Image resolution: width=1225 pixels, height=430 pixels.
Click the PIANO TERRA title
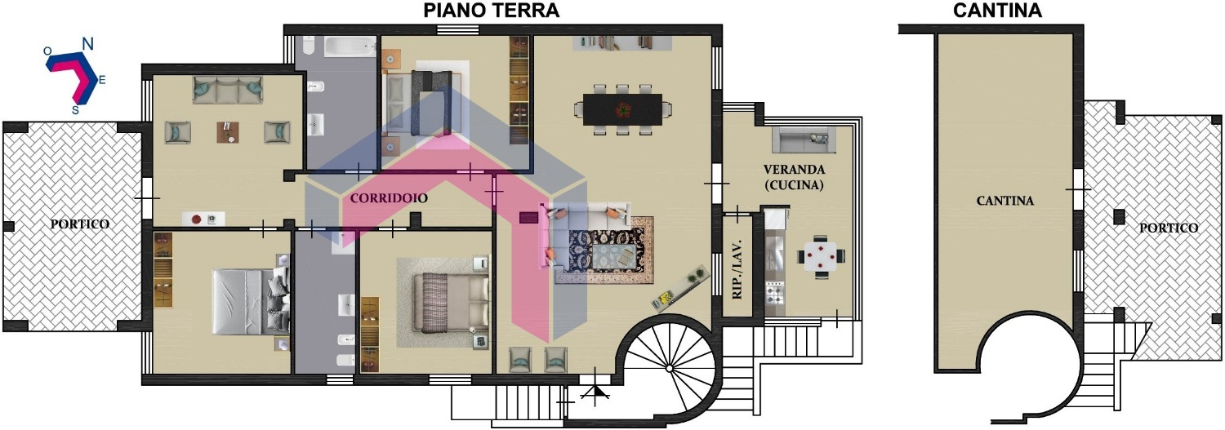[491, 11]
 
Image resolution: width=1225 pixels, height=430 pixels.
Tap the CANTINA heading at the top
[997, 11]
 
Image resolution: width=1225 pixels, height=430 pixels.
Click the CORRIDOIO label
[388, 197]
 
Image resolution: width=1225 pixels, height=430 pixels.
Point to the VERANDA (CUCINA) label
[794, 177]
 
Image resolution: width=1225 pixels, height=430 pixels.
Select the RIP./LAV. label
[737, 268]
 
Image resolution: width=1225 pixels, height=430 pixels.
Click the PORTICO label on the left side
[80, 224]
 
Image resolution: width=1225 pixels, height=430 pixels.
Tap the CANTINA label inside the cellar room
[1005, 201]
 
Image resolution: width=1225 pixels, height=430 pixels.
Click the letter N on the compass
[87, 42]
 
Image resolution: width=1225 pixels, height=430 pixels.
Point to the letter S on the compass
[75, 110]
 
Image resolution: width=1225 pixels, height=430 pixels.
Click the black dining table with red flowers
[622, 110]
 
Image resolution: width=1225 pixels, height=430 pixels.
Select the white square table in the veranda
[820, 255]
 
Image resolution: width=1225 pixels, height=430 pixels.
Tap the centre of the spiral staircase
[670, 368]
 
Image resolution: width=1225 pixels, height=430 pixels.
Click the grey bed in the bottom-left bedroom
[251, 301]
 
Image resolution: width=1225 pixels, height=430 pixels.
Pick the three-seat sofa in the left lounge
[228, 90]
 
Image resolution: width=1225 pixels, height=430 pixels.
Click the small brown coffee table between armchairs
[228, 132]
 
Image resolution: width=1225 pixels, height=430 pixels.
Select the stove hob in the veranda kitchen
[774, 293]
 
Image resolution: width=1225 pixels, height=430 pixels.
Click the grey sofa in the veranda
[804, 140]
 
